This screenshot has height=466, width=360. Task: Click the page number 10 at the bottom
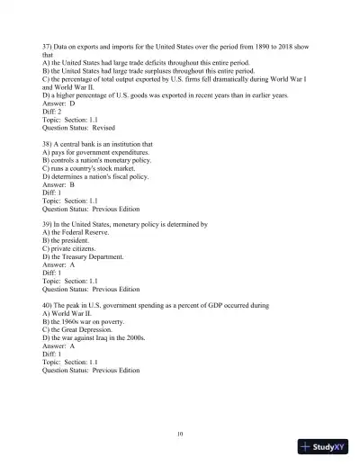pos(180,434)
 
